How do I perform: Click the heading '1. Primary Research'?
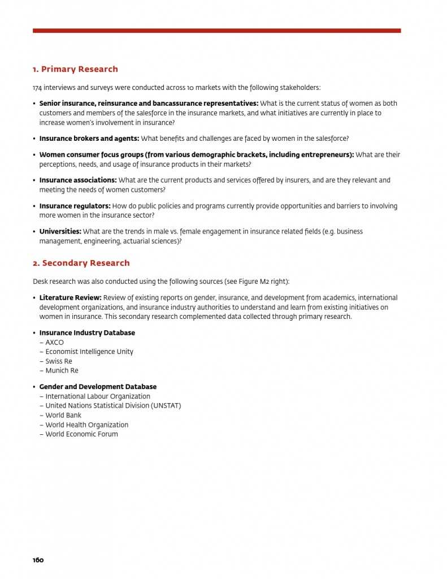[75, 69]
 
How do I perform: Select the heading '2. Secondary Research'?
[81, 263]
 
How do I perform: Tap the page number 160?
[38, 560]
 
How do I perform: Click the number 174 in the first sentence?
[37, 88]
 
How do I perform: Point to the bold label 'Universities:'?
[60, 231]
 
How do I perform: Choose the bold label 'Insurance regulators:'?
[75, 206]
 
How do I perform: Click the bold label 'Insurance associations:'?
[78, 180]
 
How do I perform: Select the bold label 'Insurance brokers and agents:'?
[89, 139]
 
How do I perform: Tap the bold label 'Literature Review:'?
[70, 297]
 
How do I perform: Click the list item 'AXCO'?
[54, 342]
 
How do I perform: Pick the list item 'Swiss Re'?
[59, 361]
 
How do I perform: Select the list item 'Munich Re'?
[62, 370]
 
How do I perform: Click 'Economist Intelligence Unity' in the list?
[89, 352]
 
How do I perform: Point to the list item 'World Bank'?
[63, 415]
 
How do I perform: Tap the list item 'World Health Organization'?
[86, 425]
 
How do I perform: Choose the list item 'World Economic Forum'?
[81, 434]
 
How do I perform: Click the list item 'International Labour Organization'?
[98, 396]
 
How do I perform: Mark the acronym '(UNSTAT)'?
[162, 405]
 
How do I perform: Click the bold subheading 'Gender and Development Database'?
[98, 387]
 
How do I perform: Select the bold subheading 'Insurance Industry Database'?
[87, 332]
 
